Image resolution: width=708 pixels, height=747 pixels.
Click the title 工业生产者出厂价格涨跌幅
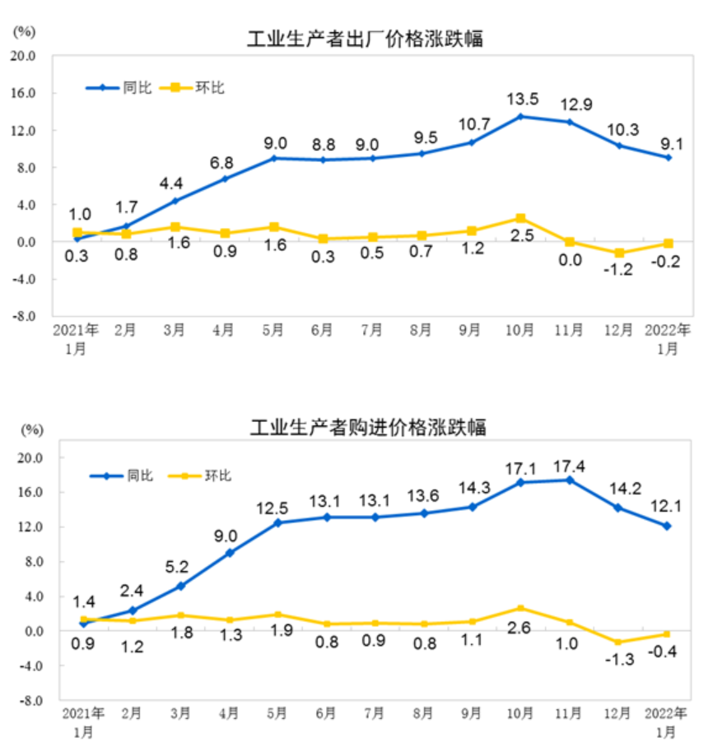[x=365, y=39]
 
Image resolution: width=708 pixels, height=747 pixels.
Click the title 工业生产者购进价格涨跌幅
[x=368, y=427]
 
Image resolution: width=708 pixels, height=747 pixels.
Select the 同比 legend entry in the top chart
[x=119, y=88]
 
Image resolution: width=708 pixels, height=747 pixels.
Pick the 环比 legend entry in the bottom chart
[x=199, y=476]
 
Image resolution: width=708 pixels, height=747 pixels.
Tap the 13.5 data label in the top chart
[x=523, y=99]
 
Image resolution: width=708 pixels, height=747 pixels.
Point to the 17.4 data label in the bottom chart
[x=569, y=466]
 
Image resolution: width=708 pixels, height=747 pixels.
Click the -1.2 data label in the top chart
[x=618, y=270]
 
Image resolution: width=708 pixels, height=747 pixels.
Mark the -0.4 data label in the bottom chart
[x=662, y=652]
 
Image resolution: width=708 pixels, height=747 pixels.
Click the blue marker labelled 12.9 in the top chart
[x=569, y=122]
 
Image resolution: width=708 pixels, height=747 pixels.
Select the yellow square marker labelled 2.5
[x=520, y=218]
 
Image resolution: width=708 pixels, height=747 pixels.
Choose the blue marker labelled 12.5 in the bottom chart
[x=278, y=522]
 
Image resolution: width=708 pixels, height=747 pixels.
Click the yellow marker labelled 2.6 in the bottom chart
[x=520, y=608]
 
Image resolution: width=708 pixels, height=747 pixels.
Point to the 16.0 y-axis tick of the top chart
[x=23, y=93]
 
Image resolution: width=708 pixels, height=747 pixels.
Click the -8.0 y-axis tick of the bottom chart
[x=30, y=700]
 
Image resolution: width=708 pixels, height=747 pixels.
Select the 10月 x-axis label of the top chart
[x=519, y=330]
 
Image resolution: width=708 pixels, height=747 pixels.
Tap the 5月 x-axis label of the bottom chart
[x=277, y=713]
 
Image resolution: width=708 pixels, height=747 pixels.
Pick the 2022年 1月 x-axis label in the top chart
[x=668, y=339]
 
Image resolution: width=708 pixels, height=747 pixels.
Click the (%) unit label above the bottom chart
[x=32, y=429]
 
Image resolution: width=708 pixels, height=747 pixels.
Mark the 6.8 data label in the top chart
[x=221, y=163]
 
